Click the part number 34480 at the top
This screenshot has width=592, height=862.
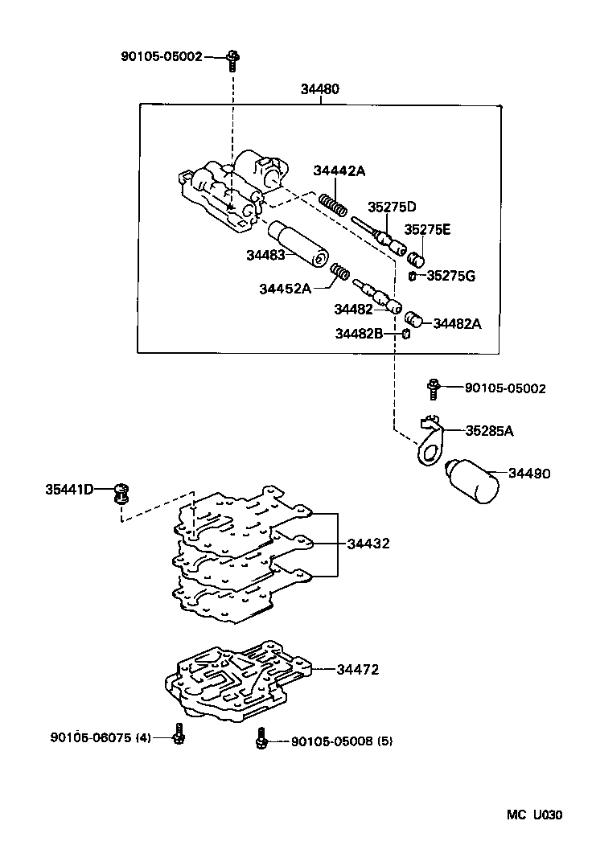click(320, 89)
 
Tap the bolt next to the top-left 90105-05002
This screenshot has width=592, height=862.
click(232, 57)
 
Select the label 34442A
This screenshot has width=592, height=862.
click(339, 170)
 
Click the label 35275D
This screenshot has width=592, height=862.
click(393, 207)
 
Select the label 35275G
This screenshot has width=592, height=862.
click(450, 276)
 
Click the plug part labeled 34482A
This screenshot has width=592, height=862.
click(413, 319)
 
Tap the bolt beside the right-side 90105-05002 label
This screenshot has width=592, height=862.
click(434, 388)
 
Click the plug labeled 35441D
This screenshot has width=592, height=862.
click(122, 491)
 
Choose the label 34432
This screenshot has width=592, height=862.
click(368, 544)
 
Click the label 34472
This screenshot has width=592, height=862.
click(357, 669)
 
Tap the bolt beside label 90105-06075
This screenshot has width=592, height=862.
click(178, 733)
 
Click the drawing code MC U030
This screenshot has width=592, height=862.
click(534, 815)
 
